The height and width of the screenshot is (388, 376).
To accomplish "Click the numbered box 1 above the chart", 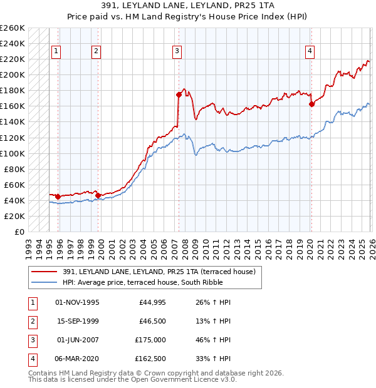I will pyautogui.click(x=56, y=51).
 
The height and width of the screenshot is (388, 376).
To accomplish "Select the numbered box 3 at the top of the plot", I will pyautogui.click(x=177, y=51).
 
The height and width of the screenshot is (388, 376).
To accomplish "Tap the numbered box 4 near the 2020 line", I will pyautogui.click(x=310, y=51).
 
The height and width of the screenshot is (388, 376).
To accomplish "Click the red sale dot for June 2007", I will pyautogui.click(x=179, y=95).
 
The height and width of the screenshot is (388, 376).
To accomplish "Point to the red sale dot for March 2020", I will pyautogui.click(x=311, y=105).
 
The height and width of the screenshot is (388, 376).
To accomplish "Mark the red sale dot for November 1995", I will pyautogui.click(x=58, y=197).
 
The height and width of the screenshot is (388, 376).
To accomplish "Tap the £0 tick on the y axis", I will pyautogui.click(x=19, y=232).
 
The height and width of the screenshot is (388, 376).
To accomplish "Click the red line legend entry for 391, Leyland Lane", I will pyautogui.click(x=159, y=272).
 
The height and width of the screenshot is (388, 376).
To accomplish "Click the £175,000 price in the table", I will pyautogui.click(x=151, y=340).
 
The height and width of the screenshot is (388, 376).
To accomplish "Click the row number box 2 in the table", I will pyautogui.click(x=31, y=321).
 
